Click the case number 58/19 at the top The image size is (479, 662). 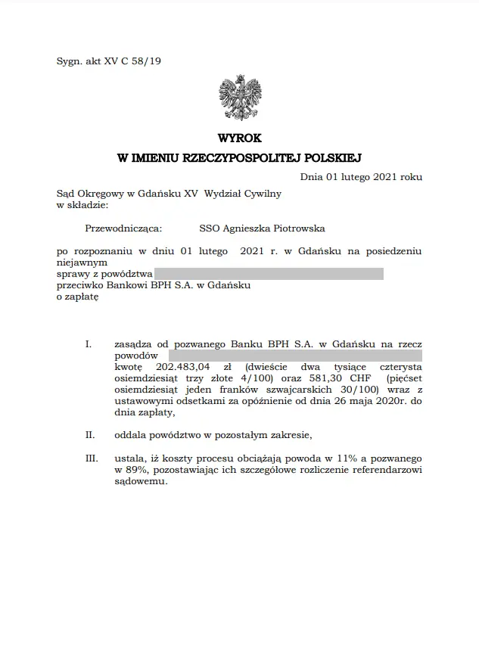tap(146, 61)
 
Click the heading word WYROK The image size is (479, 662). tap(239, 138)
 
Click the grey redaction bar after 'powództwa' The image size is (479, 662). tap(269, 274)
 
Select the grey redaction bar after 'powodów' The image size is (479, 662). tap(295, 354)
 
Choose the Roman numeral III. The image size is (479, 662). tap(92, 458)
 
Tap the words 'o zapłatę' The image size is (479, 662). tap(78, 297)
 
